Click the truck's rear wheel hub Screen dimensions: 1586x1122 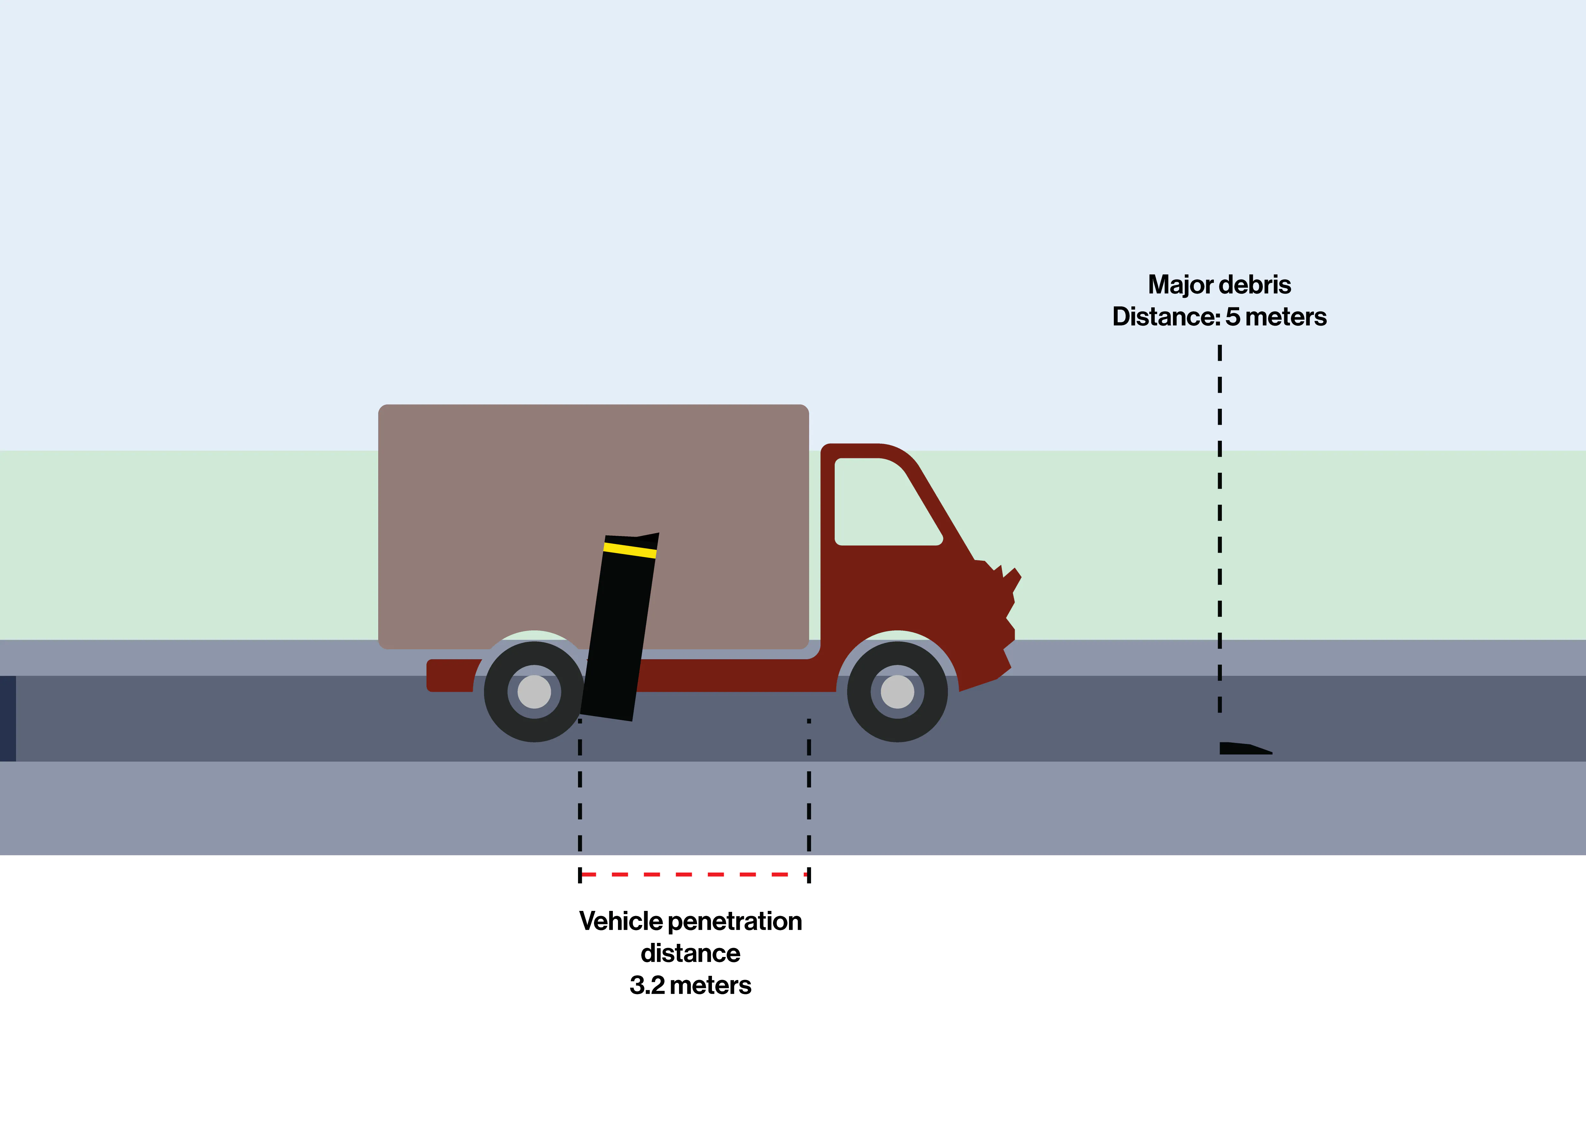(534, 691)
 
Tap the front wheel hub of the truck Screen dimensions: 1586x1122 (897, 691)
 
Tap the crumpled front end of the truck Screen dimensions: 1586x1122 (1002, 622)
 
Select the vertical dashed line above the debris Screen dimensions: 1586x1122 (1220, 529)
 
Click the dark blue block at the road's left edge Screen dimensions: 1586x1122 (8, 719)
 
